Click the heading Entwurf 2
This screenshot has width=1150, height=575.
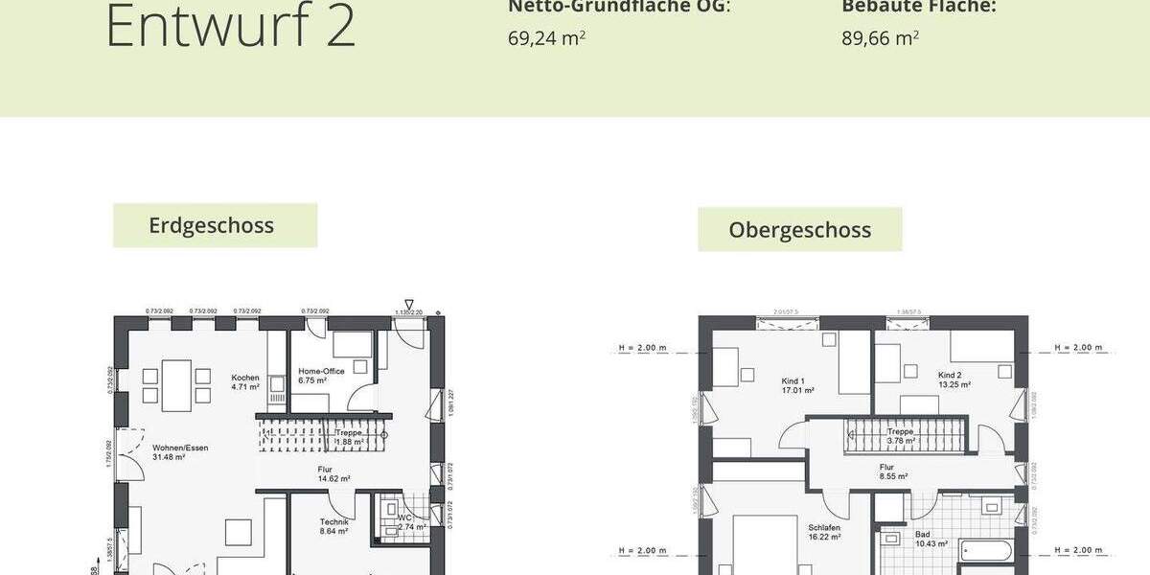click(x=230, y=26)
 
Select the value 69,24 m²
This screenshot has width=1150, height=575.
click(x=546, y=38)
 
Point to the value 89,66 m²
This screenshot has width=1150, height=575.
click(x=880, y=38)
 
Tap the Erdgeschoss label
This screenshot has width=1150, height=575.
click(x=212, y=225)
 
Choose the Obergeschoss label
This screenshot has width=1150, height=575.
click(x=799, y=230)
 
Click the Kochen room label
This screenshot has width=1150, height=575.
click(x=245, y=382)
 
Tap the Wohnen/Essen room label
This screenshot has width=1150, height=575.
click(x=180, y=451)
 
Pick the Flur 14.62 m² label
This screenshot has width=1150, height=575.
click(x=333, y=473)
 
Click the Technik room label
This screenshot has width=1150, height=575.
click(x=333, y=525)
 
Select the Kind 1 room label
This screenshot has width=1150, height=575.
click(x=797, y=385)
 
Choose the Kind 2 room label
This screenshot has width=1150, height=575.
click(x=954, y=379)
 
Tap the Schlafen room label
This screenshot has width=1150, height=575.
click(x=823, y=532)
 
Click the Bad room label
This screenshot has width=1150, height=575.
click(x=930, y=539)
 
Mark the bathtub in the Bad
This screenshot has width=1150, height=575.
click(x=987, y=551)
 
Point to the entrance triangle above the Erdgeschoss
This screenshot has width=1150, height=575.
click(x=409, y=303)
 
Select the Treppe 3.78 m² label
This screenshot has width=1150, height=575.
click(x=900, y=436)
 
